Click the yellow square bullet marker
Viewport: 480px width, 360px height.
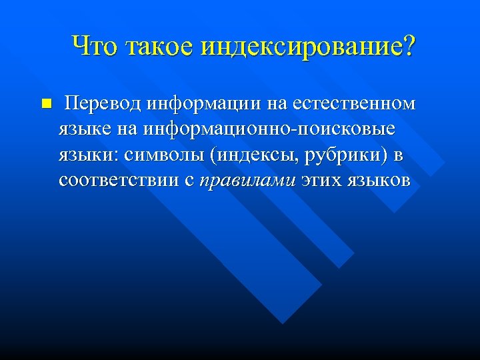click(45, 103)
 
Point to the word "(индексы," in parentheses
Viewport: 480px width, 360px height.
click(254, 155)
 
